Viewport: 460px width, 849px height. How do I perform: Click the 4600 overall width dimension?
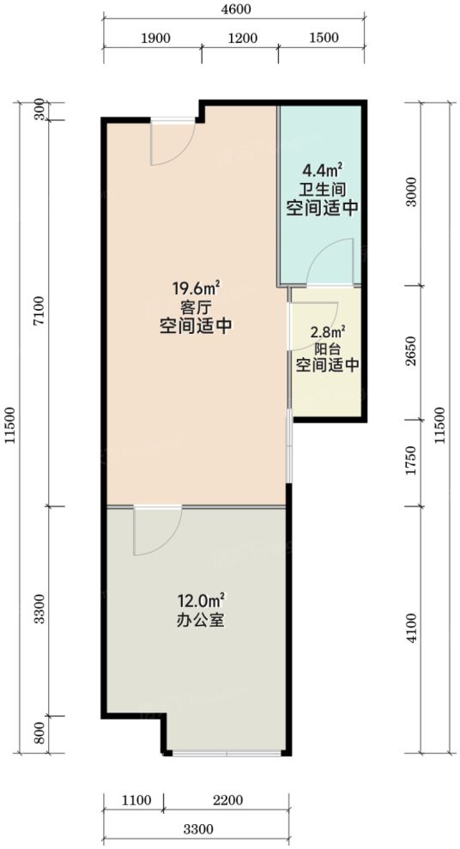(x=233, y=9)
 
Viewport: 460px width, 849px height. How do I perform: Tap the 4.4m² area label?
(x=323, y=173)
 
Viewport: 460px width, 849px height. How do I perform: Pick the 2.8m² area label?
(x=327, y=331)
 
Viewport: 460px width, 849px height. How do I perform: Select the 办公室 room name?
(x=202, y=620)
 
